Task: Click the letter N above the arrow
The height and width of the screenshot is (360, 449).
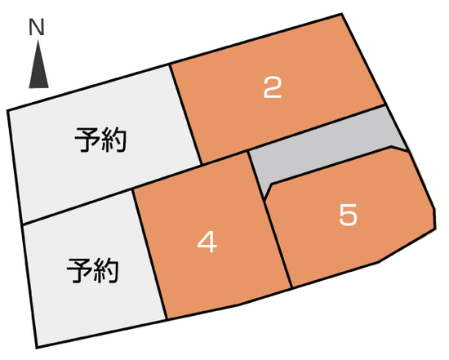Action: click(x=37, y=27)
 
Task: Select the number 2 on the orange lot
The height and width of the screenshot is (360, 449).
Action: click(x=273, y=88)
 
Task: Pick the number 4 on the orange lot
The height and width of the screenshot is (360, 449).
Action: click(x=207, y=242)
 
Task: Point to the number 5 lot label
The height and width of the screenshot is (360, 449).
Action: click(x=349, y=214)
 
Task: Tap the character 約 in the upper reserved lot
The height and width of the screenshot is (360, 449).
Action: click(x=113, y=140)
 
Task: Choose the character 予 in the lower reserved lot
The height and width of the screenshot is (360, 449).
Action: click(x=79, y=271)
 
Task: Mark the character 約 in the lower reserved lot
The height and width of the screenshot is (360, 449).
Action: click(x=105, y=271)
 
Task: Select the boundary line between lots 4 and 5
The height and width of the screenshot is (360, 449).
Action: click(x=270, y=220)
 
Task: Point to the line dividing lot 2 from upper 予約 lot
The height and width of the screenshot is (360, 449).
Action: click(x=186, y=114)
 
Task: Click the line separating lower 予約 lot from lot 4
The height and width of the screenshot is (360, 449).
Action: click(x=149, y=254)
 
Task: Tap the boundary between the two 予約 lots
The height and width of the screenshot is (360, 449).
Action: click(x=78, y=207)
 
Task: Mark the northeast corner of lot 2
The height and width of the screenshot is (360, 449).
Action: click(x=342, y=14)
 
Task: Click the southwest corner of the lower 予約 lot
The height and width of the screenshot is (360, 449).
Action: click(x=38, y=348)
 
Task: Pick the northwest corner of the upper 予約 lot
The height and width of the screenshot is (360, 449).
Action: click(x=8, y=110)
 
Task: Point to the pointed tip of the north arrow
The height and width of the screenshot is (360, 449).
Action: click(x=38, y=40)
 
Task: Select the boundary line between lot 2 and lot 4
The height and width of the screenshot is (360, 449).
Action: click(x=224, y=158)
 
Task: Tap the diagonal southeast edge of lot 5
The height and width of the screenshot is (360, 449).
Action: click(x=407, y=246)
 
